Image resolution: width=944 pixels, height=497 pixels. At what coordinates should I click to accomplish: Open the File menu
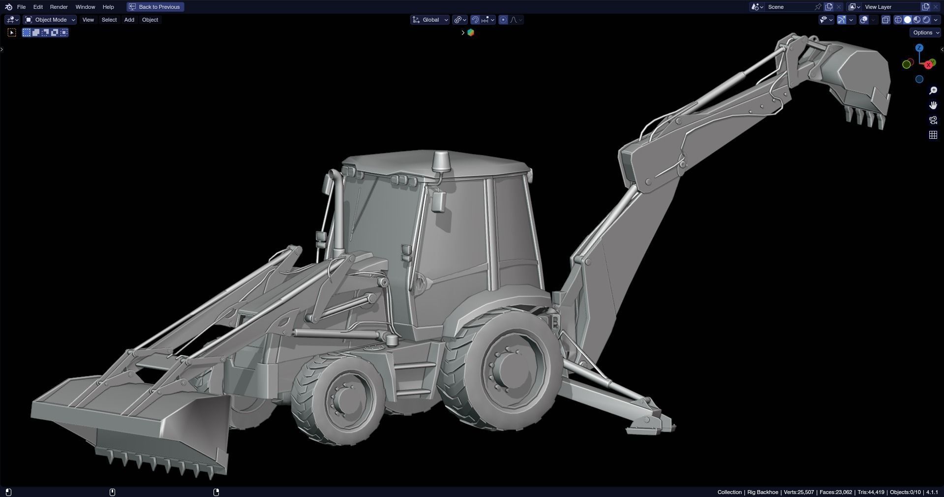click(21, 7)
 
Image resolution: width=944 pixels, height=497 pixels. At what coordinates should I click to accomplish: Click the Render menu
click(59, 7)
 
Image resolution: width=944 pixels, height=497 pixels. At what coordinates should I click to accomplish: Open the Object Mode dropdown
click(50, 20)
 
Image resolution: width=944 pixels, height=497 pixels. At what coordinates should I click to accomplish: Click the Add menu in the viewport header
click(129, 20)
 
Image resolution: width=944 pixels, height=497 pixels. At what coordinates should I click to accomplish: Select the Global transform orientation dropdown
click(430, 20)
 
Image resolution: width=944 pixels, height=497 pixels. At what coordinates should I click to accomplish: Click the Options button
click(925, 32)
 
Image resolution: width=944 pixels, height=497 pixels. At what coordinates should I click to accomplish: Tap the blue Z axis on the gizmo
click(919, 48)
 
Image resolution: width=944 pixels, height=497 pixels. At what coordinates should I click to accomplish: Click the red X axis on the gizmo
click(928, 65)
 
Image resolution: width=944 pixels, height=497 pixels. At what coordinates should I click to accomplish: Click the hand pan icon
click(933, 105)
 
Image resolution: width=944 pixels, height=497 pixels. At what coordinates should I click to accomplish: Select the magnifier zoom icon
click(933, 91)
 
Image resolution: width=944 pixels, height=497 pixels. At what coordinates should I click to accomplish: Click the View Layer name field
click(890, 7)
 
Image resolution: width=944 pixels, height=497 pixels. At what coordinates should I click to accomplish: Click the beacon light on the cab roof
click(441, 161)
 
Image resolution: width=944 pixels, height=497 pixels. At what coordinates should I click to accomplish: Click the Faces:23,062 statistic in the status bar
click(835, 492)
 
